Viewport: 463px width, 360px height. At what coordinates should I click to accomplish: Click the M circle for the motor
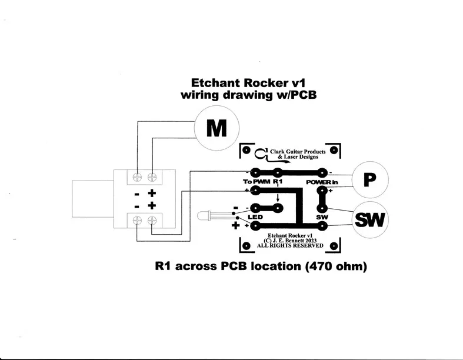[x=216, y=128]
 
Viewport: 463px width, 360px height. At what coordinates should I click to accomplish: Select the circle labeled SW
[x=370, y=220]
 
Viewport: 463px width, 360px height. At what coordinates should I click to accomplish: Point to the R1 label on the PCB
[x=278, y=182]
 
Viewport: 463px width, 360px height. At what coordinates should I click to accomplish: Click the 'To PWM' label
[x=255, y=182]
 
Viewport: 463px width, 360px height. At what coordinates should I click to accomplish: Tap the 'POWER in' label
[x=322, y=182]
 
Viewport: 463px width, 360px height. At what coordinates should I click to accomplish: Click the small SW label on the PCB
[x=322, y=217]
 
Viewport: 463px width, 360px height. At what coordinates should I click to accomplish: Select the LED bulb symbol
[x=208, y=215]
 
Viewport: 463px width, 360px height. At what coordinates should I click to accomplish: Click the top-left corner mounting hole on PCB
[x=247, y=151]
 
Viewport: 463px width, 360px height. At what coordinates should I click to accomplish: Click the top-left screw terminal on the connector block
[x=138, y=176]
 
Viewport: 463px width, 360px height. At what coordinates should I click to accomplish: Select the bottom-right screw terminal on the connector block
[x=152, y=220]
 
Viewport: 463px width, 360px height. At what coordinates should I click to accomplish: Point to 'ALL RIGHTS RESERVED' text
[x=290, y=246]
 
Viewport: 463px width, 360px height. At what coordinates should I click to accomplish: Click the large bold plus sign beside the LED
[x=236, y=225]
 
